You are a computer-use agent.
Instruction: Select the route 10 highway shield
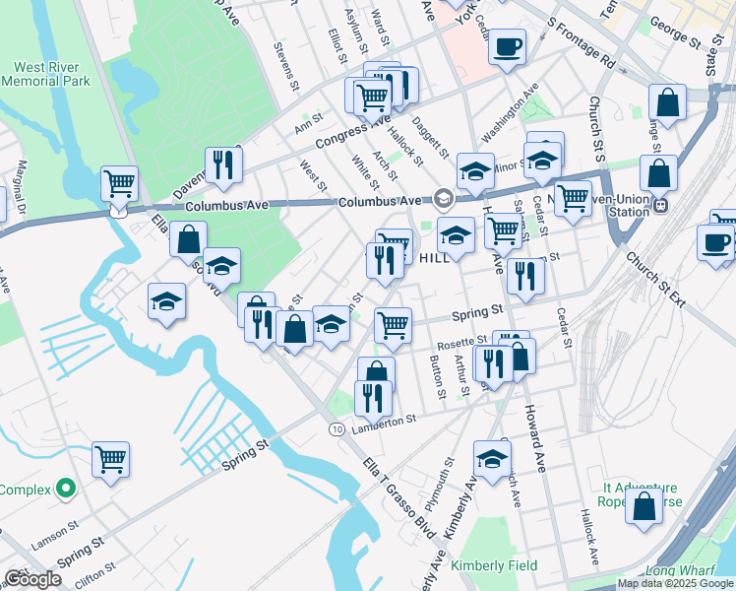(337, 429)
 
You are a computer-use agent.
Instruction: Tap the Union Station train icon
(661, 206)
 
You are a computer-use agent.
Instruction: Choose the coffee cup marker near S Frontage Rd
(508, 46)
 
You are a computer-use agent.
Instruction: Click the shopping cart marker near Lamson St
(111, 459)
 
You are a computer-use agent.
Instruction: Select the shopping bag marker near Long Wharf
(644, 506)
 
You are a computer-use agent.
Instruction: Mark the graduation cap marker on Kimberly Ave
(492, 458)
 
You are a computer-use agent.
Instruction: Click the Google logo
(33, 579)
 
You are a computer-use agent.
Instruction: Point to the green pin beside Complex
(66, 488)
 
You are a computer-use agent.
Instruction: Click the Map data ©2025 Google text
(675, 583)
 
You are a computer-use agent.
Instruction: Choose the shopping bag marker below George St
(667, 103)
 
